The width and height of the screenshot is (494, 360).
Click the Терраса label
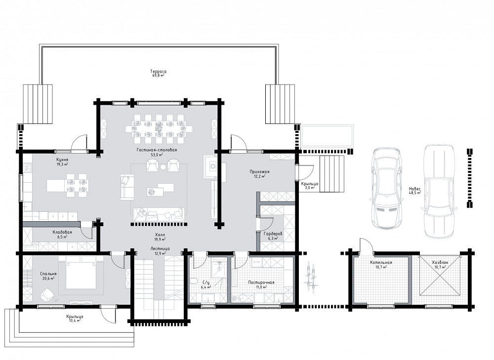[x=158, y=72]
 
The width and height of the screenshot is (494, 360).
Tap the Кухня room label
[x=62, y=160]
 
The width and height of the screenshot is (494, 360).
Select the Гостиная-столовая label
[x=157, y=150]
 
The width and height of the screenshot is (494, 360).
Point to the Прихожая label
[x=259, y=172]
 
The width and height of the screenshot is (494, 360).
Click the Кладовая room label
[x=62, y=232]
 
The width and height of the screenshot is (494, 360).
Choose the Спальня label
[x=48, y=274]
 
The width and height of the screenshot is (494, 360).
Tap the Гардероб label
[x=273, y=234]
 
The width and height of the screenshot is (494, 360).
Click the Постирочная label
[x=261, y=282]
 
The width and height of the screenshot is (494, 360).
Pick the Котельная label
[x=381, y=262]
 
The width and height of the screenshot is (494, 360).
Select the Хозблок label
[x=440, y=262]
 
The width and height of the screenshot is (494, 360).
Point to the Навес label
[x=414, y=189]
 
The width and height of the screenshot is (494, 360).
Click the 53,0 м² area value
[x=157, y=155]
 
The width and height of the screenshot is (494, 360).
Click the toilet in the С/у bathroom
[x=194, y=281]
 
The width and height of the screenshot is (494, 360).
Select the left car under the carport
[x=386, y=188]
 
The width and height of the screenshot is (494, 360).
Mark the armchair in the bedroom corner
[x=47, y=295]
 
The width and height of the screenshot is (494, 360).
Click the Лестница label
[x=160, y=248]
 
